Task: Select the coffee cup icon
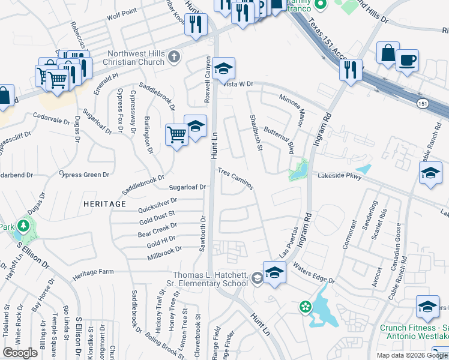[x=408, y=61]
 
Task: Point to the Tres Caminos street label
[x=236, y=178]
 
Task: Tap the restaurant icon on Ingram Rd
[x=351, y=70]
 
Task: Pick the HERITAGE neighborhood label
[x=105, y=204]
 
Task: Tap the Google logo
[x=20, y=353]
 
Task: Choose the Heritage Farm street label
[x=93, y=272]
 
